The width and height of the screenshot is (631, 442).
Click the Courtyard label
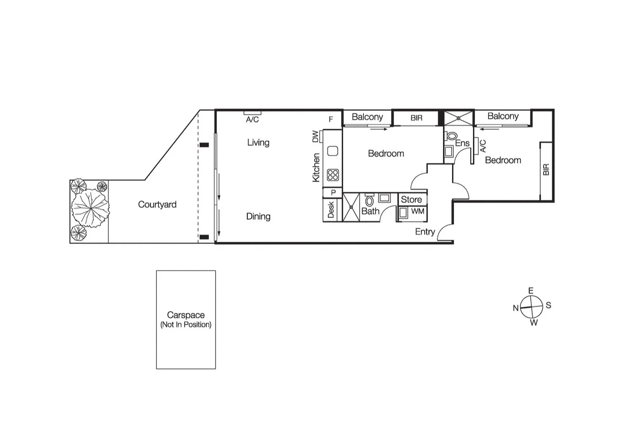157,205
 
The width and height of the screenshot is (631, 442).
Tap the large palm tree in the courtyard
90,208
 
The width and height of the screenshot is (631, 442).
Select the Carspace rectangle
186,319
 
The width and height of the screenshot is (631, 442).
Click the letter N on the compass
515,308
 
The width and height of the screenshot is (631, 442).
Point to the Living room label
258,143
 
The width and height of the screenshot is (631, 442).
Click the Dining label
258,216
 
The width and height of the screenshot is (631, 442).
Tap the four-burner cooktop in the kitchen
333,175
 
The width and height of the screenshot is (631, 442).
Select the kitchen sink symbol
333,151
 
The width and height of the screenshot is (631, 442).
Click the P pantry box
333,193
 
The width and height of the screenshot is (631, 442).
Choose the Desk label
331,210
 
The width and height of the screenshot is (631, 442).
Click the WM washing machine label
417,211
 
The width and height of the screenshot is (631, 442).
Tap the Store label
411,199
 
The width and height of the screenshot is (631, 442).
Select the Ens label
462,143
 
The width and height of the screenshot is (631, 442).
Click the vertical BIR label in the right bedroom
546,170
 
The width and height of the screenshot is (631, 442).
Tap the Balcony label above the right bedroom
503,116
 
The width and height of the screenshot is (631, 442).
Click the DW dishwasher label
315,137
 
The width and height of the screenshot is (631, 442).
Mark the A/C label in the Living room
252,120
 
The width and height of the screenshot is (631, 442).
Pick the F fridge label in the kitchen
331,119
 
